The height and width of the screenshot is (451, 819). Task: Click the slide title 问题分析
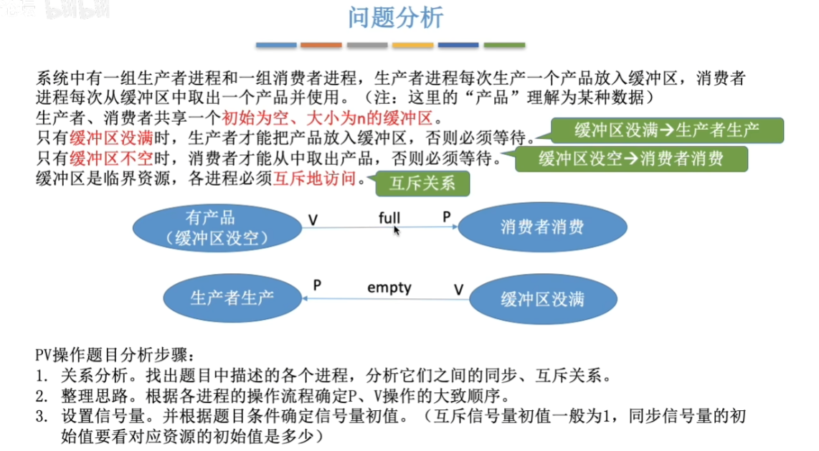(x=397, y=17)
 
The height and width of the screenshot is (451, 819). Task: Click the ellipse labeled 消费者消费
(x=541, y=227)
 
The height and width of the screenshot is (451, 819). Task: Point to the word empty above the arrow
(x=389, y=288)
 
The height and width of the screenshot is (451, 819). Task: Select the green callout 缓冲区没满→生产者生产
(x=667, y=130)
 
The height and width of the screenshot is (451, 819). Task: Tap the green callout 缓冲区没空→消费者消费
(x=631, y=158)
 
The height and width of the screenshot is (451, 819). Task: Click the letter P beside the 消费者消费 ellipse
(x=446, y=216)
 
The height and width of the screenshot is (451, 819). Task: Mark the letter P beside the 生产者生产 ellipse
(x=316, y=285)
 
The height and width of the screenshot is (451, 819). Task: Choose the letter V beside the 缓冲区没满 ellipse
(x=459, y=290)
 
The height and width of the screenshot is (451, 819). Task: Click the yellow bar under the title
(x=412, y=45)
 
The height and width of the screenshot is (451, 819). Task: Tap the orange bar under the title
(x=321, y=45)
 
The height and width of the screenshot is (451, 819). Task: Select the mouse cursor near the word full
(x=396, y=230)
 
